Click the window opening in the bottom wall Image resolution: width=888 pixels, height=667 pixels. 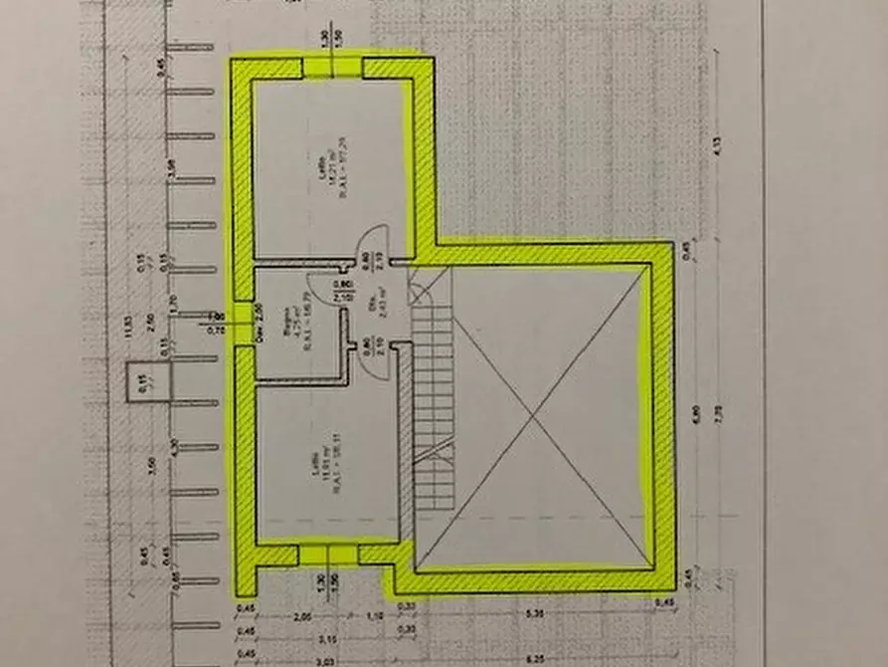(328, 555)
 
